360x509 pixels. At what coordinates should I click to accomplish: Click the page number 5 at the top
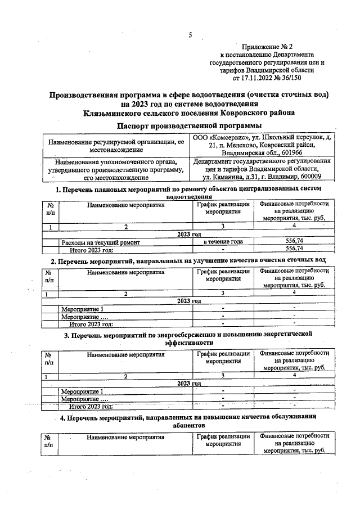pos(190,35)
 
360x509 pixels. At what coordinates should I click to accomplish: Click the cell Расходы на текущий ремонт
pos(101,241)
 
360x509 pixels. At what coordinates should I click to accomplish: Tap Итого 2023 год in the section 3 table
pos(91,406)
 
